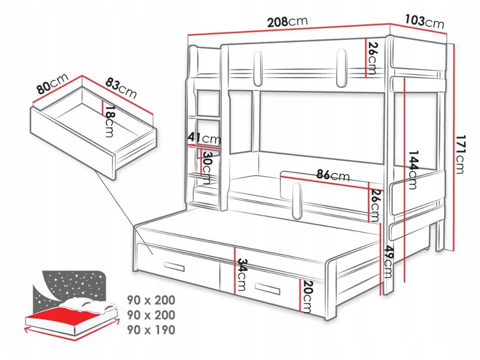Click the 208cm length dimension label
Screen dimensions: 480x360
click(x=287, y=22)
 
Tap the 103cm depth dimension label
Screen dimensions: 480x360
click(x=424, y=22)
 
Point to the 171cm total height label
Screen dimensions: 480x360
click(x=460, y=154)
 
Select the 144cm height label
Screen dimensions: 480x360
click(x=413, y=169)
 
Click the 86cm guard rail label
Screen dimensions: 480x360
click(x=333, y=175)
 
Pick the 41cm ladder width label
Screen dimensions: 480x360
click(x=204, y=138)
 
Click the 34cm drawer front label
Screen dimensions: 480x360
click(x=242, y=274)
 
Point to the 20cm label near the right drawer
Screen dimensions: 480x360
click(x=306, y=296)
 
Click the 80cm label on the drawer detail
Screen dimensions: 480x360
click(x=52, y=83)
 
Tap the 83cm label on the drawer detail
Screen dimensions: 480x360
click(x=121, y=88)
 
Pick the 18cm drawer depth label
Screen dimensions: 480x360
click(x=109, y=122)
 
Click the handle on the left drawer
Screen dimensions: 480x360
click(x=174, y=267)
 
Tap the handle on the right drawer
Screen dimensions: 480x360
click(x=267, y=288)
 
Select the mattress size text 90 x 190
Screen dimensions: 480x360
click(x=151, y=330)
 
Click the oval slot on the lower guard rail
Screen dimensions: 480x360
click(x=296, y=201)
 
